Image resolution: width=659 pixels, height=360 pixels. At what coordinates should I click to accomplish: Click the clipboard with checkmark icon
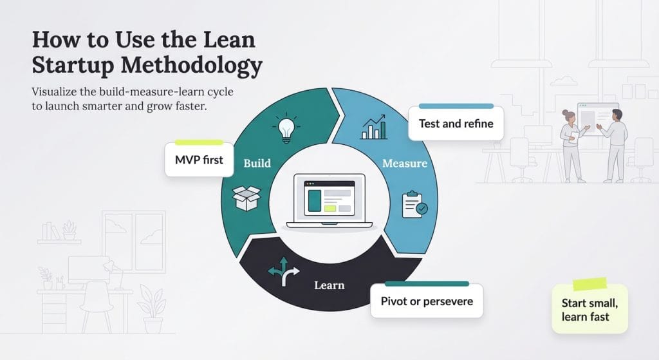[413, 204]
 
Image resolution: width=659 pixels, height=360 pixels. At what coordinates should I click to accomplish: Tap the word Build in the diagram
[257, 163]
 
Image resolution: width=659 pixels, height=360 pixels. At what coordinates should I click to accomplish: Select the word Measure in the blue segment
[404, 163]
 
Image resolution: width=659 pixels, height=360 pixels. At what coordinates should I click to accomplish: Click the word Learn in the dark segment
[329, 285]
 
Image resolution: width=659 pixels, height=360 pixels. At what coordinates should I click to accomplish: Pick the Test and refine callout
[456, 123]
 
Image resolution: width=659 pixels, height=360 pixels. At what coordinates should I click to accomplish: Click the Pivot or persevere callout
[426, 301]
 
